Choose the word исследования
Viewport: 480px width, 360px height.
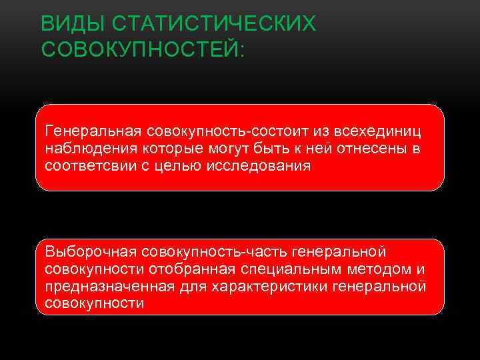268,165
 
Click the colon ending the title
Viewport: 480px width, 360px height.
241,49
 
